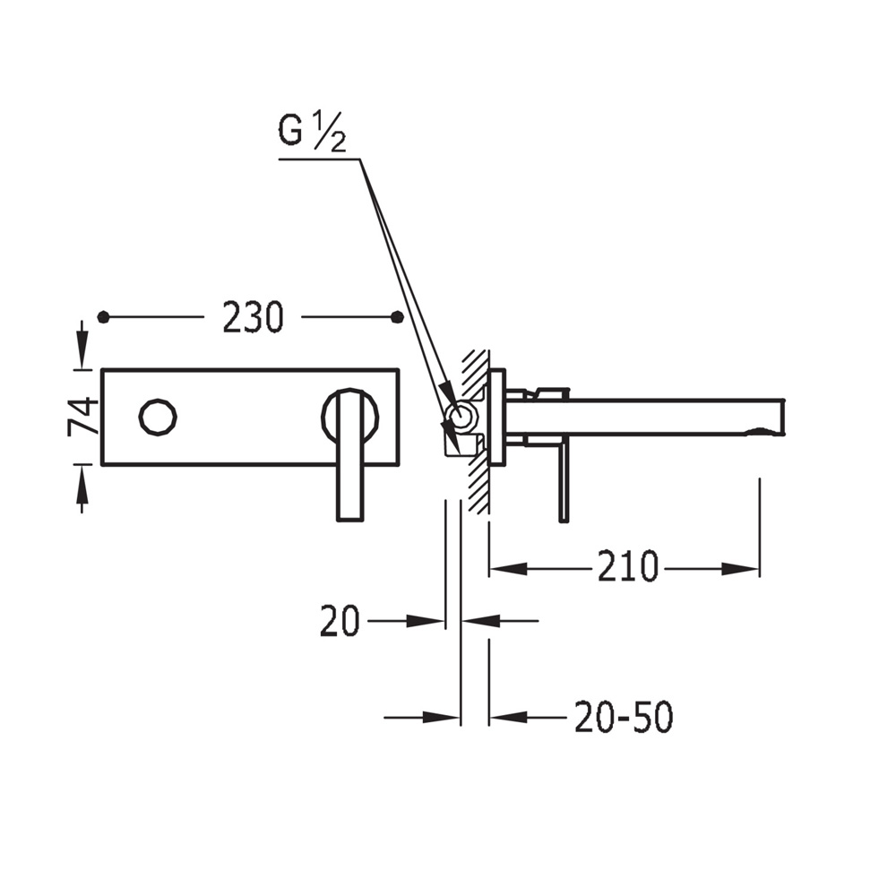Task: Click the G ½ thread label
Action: pos(312,132)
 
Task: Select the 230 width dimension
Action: pos(253,317)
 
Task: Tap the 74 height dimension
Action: pos(82,417)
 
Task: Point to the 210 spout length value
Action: pos(628,567)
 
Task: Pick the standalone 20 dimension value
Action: pos(340,621)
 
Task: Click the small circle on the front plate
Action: pos(158,417)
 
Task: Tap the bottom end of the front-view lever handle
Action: pos(350,520)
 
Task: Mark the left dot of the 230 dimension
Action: pos(103,317)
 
